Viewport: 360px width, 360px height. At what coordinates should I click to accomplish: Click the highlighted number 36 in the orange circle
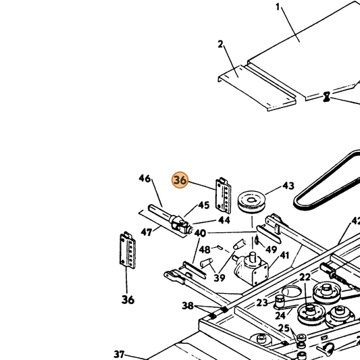(x=180, y=180)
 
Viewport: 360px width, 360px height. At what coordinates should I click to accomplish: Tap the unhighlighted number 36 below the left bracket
(x=128, y=300)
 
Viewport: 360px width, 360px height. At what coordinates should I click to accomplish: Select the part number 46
(x=145, y=178)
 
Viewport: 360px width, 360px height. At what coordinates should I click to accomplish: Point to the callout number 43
(x=288, y=186)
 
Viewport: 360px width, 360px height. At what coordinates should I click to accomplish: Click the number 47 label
(x=147, y=232)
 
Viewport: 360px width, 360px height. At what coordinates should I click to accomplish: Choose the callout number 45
(x=204, y=205)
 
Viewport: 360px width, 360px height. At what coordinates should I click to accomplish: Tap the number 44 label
(x=224, y=220)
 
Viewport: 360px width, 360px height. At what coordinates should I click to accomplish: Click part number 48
(x=205, y=249)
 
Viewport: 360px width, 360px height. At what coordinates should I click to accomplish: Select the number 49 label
(x=272, y=249)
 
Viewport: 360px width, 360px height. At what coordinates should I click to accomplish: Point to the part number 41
(x=284, y=255)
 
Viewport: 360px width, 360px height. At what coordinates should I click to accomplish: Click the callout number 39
(x=220, y=278)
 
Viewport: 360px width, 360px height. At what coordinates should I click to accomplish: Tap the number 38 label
(x=188, y=305)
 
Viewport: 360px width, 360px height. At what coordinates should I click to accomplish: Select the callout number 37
(x=119, y=355)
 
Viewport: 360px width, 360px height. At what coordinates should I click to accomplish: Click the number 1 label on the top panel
(x=278, y=7)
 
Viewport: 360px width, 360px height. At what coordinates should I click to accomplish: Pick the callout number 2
(x=220, y=44)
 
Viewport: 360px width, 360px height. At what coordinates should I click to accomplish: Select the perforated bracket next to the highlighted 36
(x=223, y=195)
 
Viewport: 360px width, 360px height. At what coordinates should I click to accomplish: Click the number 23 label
(x=262, y=303)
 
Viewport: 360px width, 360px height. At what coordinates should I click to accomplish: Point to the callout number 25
(x=284, y=328)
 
